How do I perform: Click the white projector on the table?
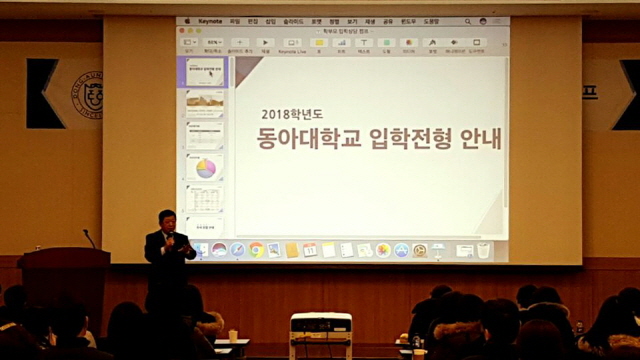pyautogui.click(x=320, y=331)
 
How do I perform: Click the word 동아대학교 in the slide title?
pyautogui.click(x=304, y=141)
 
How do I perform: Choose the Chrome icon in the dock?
pyautogui.click(x=256, y=250)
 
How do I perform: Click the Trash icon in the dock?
pyautogui.click(x=484, y=250)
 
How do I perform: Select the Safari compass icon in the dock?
pyautogui.click(x=237, y=250)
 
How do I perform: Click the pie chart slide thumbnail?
pyautogui.click(x=205, y=167)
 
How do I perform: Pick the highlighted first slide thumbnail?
pyautogui.click(x=205, y=72)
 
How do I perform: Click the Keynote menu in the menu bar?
pyautogui.click(x=209, y=21)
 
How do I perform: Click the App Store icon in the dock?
pyautogui.click(x=401, y=250)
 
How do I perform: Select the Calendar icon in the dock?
pyautogui.click(x=310, y=250)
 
